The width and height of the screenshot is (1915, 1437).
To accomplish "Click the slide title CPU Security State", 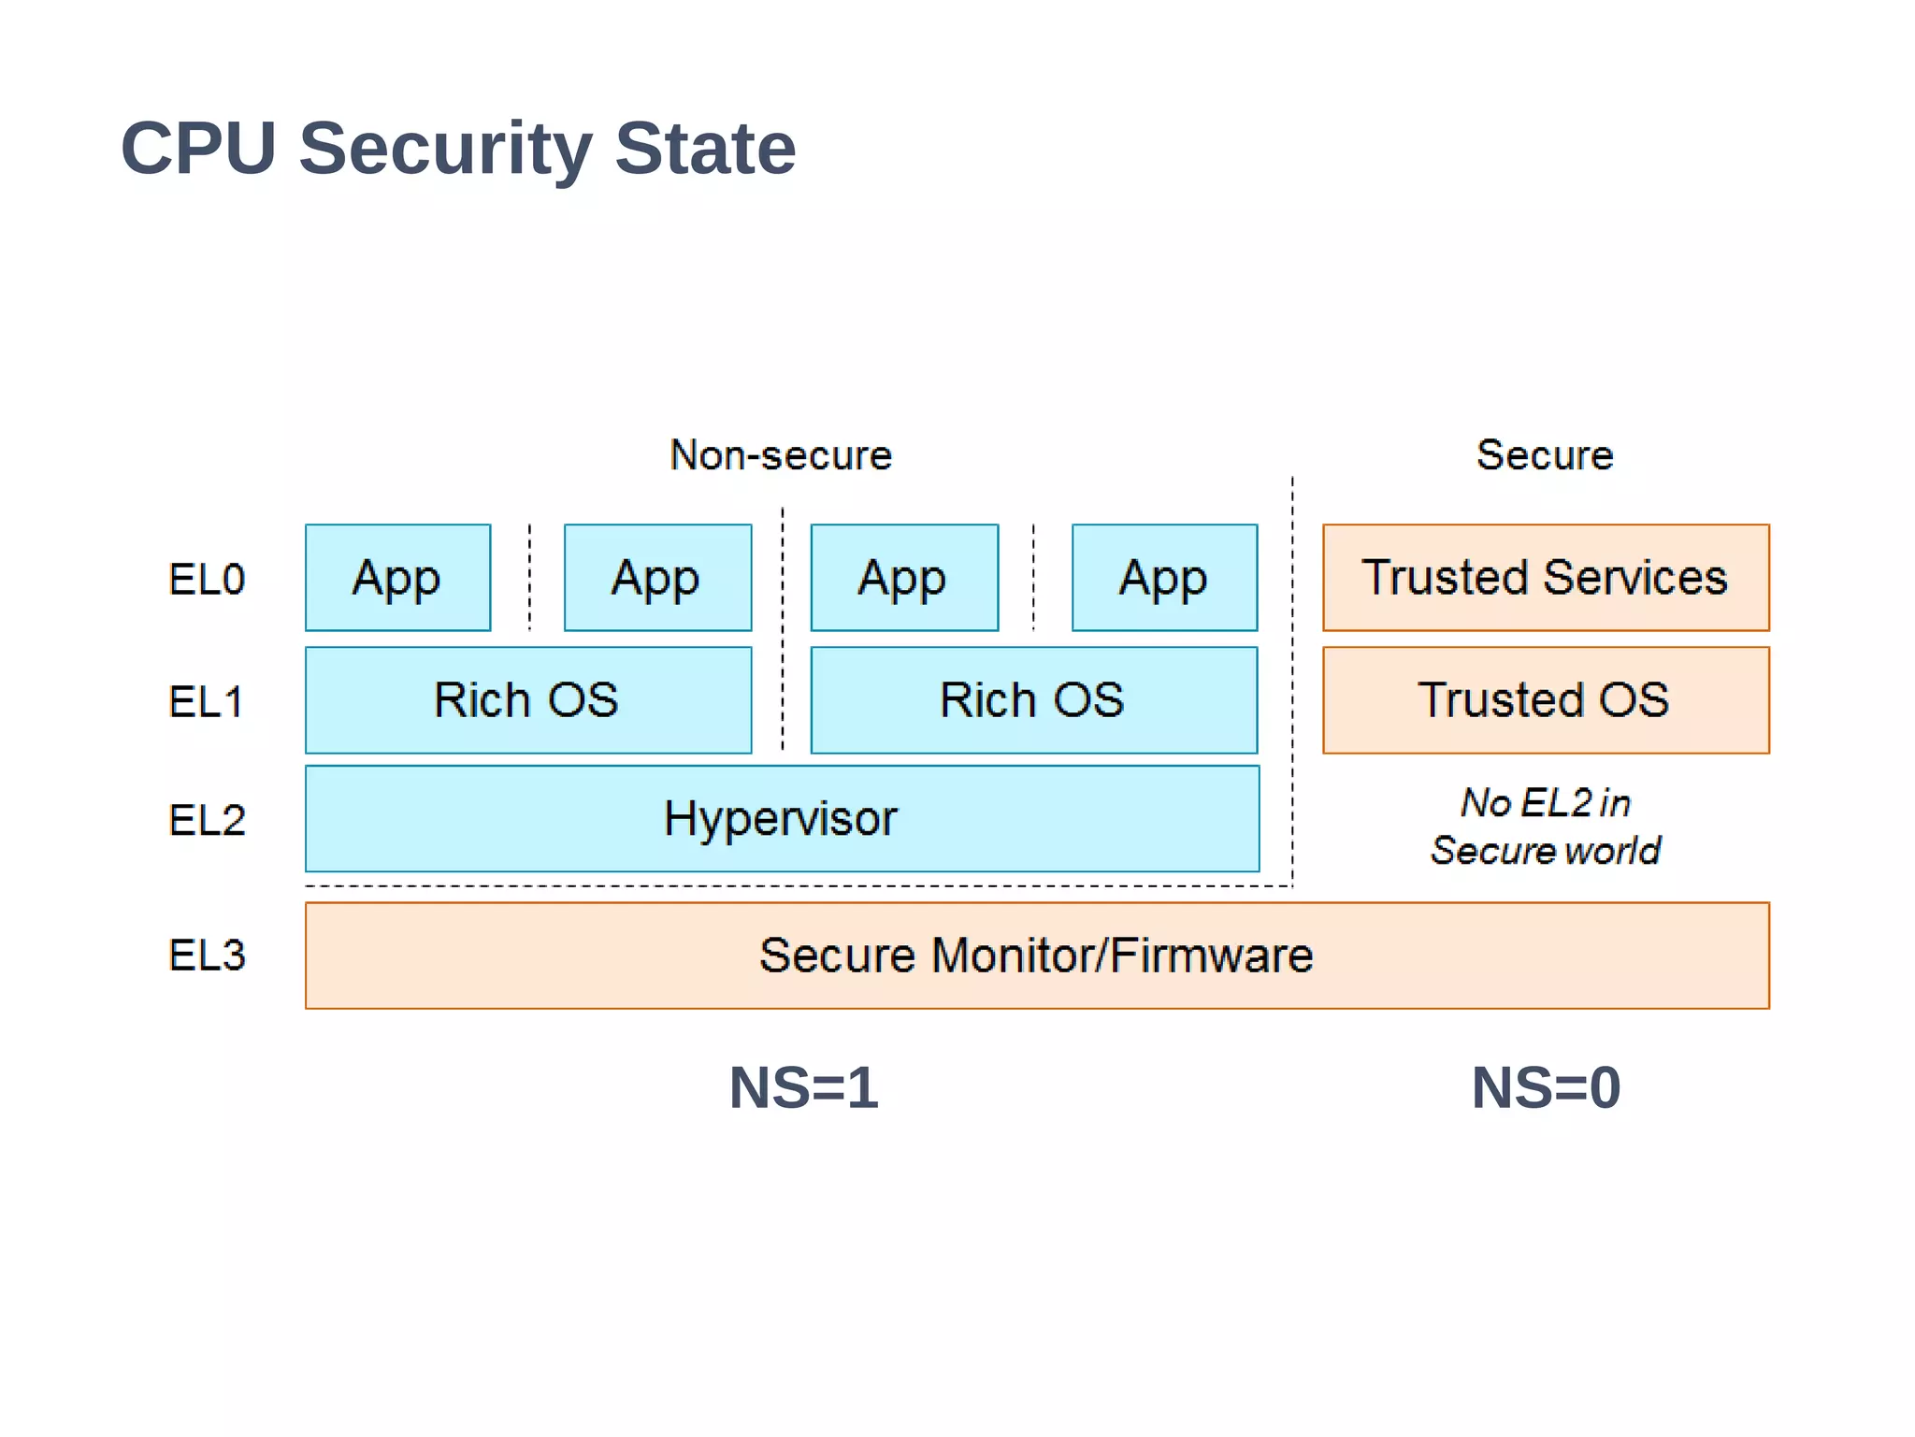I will pos(458,149).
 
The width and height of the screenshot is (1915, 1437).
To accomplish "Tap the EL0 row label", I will pos(207,580).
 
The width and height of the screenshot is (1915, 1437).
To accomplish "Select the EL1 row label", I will pos(207,702).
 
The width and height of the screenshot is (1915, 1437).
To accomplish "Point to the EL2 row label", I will pos(207,820).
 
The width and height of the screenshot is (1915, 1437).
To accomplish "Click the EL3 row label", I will pos(207,956).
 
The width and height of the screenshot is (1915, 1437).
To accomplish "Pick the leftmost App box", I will pos(397,578).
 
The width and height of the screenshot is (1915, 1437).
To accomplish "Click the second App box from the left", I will pos(657,578).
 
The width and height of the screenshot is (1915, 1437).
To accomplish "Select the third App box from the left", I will pos(904,578).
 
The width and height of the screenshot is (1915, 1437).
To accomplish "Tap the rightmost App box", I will pos(1164,578).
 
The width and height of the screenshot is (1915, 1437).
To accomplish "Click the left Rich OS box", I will pos(528,700).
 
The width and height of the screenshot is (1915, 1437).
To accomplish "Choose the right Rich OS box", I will pos(1033,700).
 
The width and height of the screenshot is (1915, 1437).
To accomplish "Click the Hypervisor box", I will pos(782,819).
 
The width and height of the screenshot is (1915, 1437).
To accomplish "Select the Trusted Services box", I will pos(1545,578).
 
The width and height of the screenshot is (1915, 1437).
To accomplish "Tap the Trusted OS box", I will pos(1545,700).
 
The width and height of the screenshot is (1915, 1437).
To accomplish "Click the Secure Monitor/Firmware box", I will pos(1036,956).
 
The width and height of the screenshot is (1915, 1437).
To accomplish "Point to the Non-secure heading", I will pos(781,455).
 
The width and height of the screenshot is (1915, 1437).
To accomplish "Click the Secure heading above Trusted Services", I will pos(1545,455).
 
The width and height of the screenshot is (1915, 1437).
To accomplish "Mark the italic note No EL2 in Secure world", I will pos(1545,826).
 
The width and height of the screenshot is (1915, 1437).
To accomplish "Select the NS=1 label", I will pos(804,1088).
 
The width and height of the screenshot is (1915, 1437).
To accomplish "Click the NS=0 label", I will pos(1546,1088).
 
